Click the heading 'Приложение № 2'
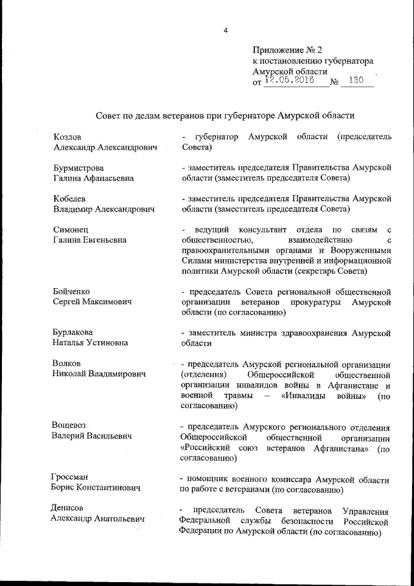(x=287, y=49)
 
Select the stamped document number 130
(x=356, y=82)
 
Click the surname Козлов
(x=68, y=137)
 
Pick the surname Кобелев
(x=71, y=198)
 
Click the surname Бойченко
(x=72, y=291)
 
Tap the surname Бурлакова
(x=76, y=332)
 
